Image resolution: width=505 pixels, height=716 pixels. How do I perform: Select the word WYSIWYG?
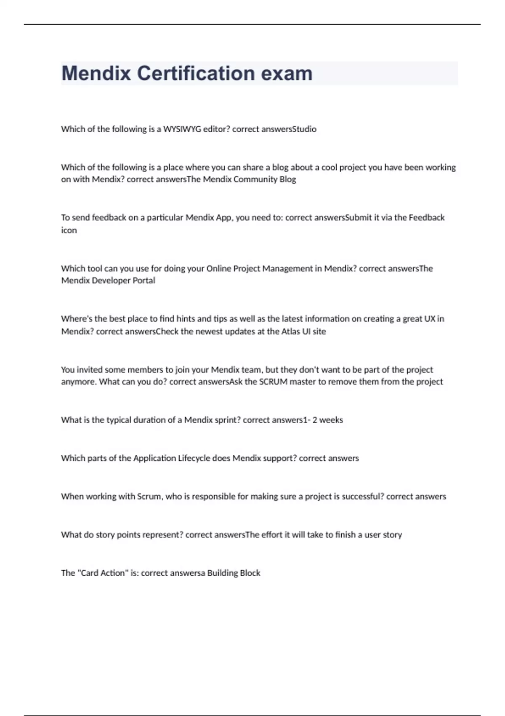point(182,129)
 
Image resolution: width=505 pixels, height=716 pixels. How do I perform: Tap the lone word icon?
point(69,230)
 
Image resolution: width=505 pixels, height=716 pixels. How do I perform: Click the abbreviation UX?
point(429,319)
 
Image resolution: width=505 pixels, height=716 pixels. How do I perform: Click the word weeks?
point(331,420)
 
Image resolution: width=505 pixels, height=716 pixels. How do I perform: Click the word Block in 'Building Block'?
point(250,573)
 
